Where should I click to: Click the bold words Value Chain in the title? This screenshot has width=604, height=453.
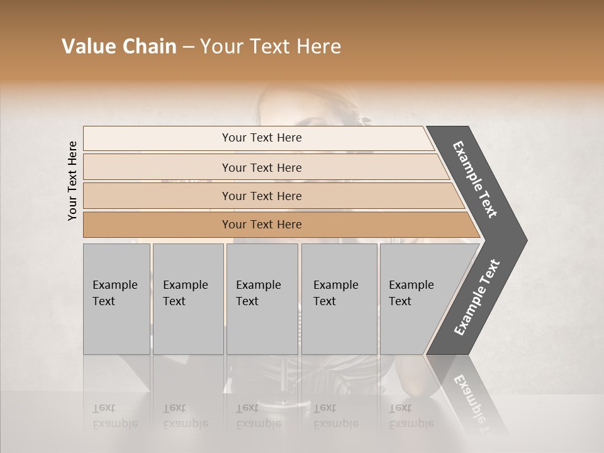(119, 47)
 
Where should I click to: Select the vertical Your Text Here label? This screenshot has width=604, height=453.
(72, 181)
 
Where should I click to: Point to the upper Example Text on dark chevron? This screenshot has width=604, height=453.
(475, 179)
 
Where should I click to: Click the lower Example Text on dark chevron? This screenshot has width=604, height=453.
(477, 298)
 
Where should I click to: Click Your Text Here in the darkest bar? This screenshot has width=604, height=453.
(262, 225)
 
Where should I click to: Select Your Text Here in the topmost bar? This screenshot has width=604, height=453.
(262, 138)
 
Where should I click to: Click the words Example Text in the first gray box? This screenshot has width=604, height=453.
(115, 293)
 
